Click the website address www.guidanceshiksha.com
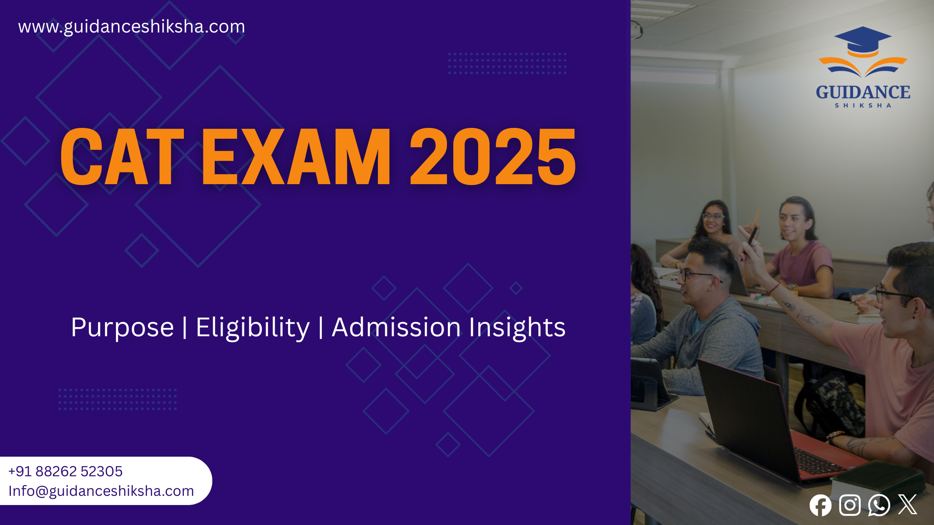coord(131,27)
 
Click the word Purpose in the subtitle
coord(122,327)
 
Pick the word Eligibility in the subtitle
coord(253,327)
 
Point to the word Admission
coord(396,327)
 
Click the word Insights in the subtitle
coord(517,327)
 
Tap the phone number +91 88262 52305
coord(65,471)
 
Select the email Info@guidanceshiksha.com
coord(101,491)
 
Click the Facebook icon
coord(820,505)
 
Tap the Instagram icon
coord(850,505)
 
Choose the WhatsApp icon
coord(879,505)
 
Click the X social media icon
coord(907,505)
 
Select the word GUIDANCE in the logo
coord(863,92)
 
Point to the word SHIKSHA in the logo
coord(863,106)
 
